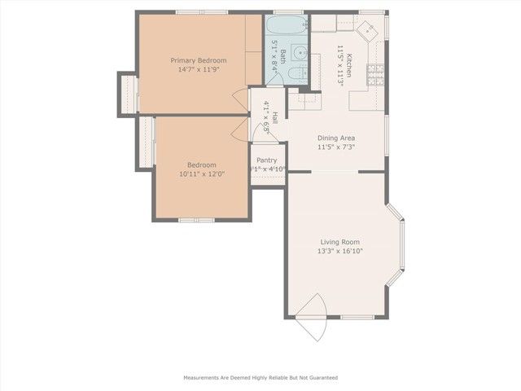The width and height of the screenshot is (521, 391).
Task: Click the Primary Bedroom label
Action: coord(198,60)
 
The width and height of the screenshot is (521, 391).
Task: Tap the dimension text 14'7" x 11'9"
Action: coord(198,70)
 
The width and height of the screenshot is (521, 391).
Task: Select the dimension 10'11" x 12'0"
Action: coord(202,174)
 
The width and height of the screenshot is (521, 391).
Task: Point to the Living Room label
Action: coord(339,242)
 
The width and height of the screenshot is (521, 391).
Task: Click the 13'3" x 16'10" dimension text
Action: coord(339,252)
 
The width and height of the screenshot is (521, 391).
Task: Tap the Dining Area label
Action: coord(335,138)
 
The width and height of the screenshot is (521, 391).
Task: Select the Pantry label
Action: coord(267,160)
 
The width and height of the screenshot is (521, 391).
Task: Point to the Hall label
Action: coord(274,118)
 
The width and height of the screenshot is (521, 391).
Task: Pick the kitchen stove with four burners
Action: coord(376,76)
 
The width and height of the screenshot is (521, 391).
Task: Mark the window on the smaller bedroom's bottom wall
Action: coord(196,220)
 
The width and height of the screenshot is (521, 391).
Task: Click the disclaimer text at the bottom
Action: coord(260,378)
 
